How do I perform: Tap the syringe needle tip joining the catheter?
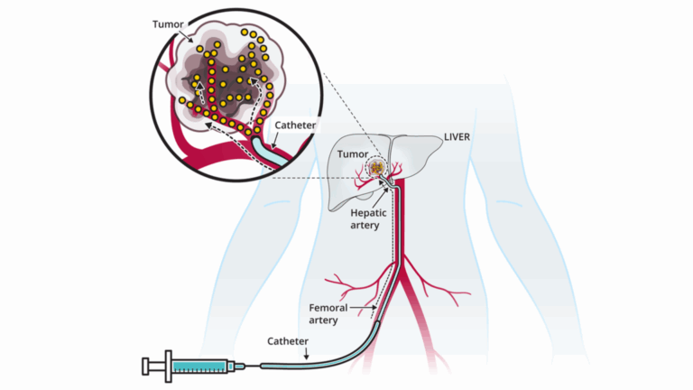pos(246,366)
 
